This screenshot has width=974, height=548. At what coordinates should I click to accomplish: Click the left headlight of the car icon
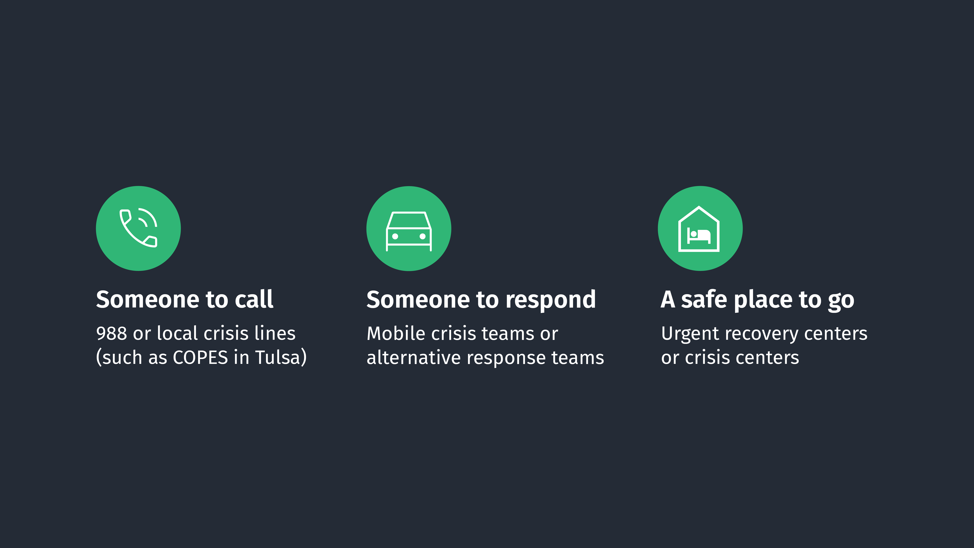[x=395, y=236]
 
